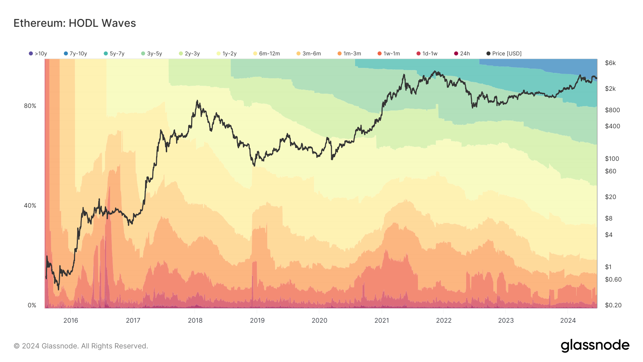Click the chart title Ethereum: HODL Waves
click(75, 23)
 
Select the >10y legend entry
click(38, 54)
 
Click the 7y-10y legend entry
click(75, 54)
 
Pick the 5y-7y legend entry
click(114, 54)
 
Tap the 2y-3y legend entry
click(189, 54)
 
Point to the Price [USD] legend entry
click(504, 54)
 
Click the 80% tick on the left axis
click(30, 106)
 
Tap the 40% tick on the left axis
click(30, 205)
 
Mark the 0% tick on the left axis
click(32, 305)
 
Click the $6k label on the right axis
click(610, 63)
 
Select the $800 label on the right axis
click(612, 110)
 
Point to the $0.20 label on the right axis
click(613, 305)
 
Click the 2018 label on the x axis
click(195, 320)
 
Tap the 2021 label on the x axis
click(382, 320)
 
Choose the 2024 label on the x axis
click(568, 320)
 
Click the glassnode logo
click(595, 346)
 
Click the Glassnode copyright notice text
click(81, 346)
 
